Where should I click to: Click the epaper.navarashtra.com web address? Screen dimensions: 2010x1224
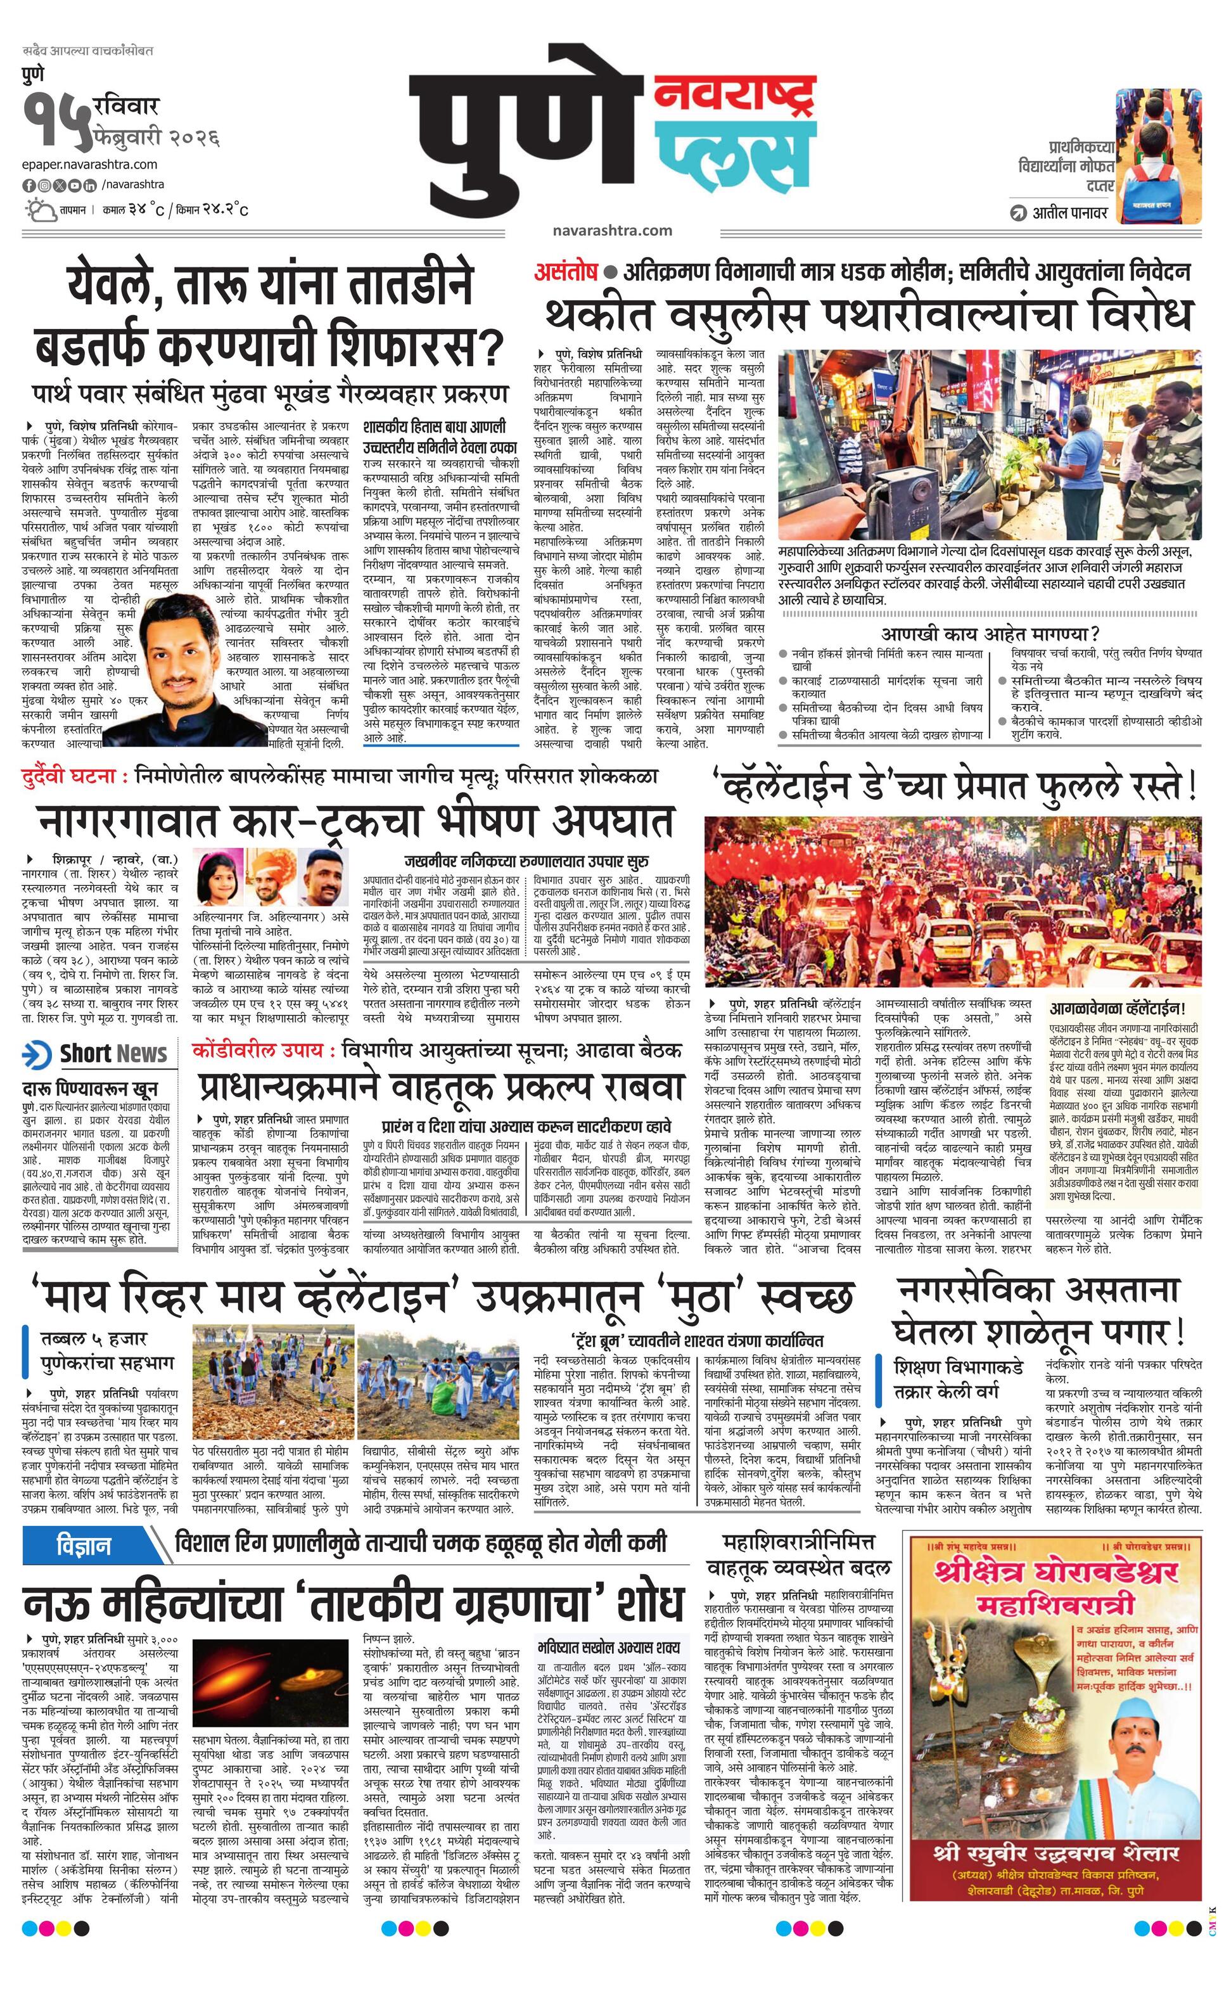(x=90, y=165)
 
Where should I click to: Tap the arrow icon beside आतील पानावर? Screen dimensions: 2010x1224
(x=1017, y=214)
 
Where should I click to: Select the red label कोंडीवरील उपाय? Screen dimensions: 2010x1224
(x=262, y=1050)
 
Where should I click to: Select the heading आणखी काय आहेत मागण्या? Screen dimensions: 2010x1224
(x=990, y=633)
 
